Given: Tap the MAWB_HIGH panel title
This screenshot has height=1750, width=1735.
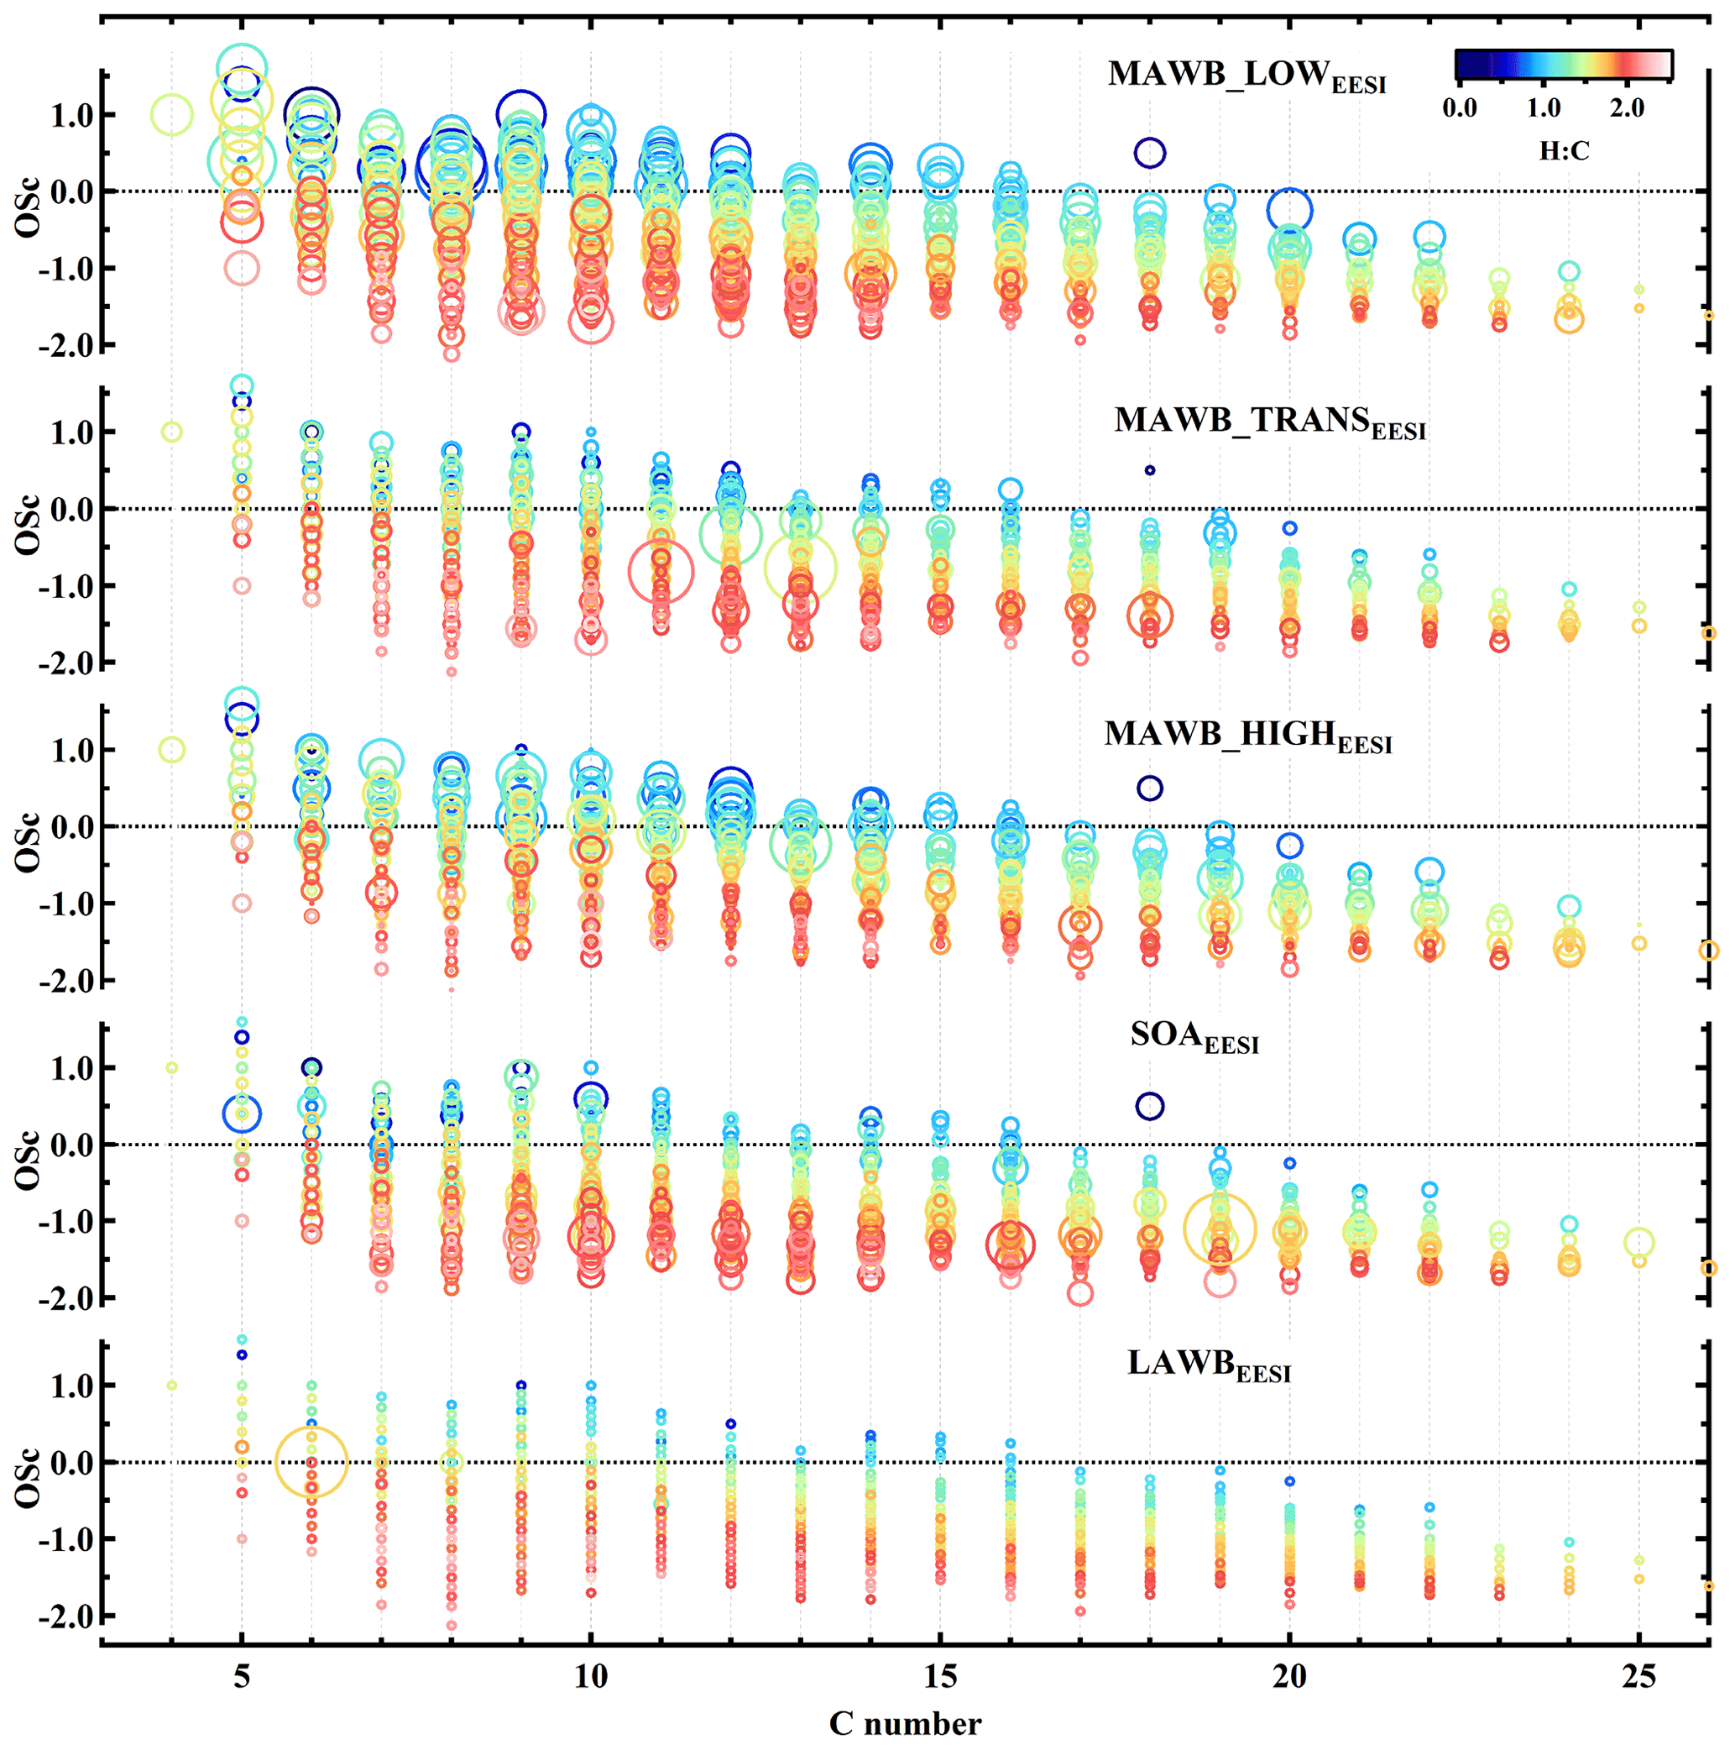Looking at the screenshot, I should coord(1247,736).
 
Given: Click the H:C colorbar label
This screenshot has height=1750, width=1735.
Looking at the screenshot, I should coord(1564,150).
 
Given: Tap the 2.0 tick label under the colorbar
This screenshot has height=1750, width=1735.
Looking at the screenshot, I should coord(1627,108).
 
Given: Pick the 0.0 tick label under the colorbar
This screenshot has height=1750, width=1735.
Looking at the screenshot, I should coord(1459,108).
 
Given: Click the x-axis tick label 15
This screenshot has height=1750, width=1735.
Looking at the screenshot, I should coord(940,1677).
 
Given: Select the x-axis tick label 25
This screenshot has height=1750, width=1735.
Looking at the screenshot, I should coord(1638,1677).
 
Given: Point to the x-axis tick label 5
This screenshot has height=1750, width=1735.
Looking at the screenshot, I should coord(242,1677).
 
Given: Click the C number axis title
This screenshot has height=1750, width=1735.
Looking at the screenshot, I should coord(905,1724).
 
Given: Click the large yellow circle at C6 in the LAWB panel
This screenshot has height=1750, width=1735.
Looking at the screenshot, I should coord(311,1462).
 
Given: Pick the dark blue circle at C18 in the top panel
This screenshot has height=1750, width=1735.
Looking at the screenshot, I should coord(1149,153).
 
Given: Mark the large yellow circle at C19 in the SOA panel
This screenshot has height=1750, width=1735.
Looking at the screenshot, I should coord(1220,1229).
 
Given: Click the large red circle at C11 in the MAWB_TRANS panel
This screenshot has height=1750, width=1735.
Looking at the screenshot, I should coord(661,571).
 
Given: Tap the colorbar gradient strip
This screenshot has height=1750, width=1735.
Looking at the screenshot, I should coord(1563,65).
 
